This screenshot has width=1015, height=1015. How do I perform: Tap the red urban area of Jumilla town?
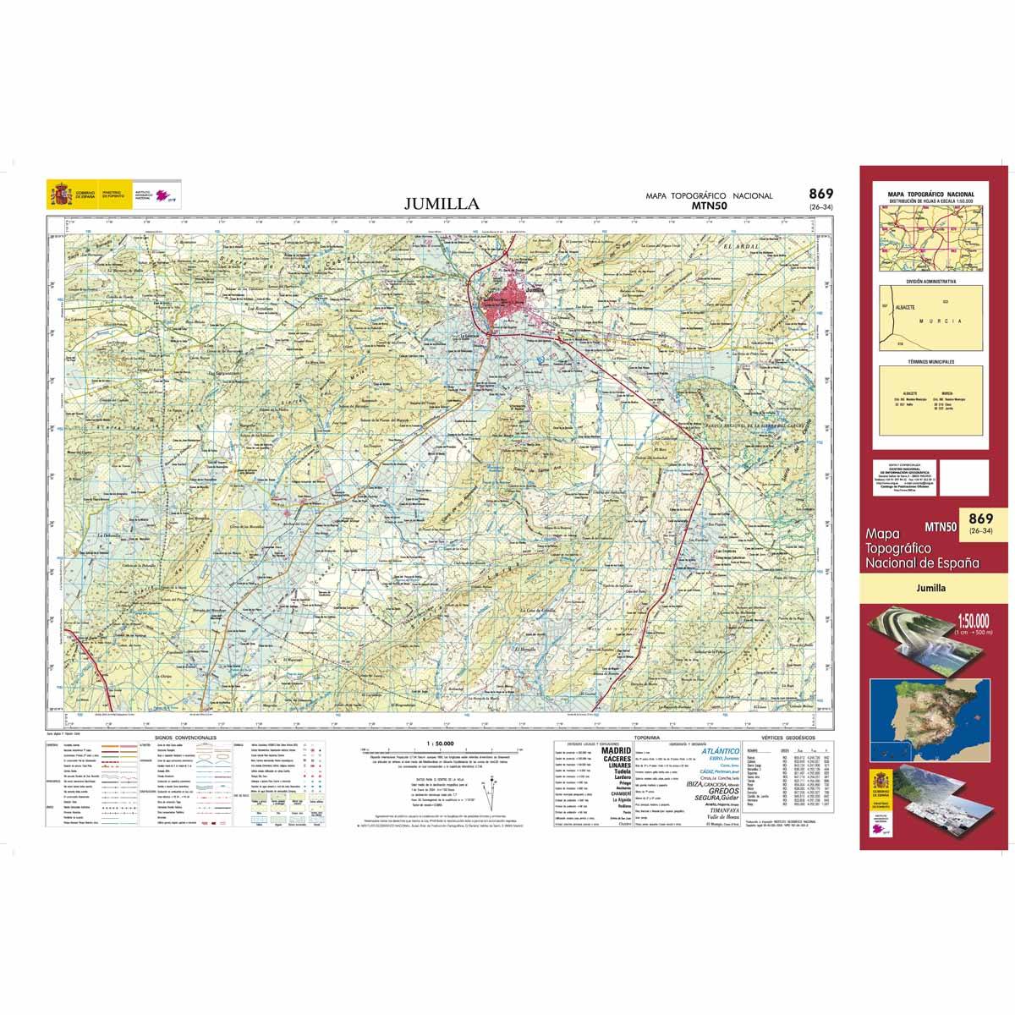click(505, 307)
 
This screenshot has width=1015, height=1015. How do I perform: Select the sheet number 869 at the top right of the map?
click(820, 194)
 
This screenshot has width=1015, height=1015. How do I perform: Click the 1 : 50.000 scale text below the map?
click(441, 743)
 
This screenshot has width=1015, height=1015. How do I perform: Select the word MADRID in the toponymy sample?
click(615, 750)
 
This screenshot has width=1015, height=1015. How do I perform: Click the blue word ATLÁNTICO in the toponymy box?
click(721, 751)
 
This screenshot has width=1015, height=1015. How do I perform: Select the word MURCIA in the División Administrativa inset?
click(945, 322)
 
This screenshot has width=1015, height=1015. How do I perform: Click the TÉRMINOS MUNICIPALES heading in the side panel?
click(930, 361)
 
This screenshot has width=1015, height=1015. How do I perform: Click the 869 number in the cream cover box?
click(981, 518)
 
